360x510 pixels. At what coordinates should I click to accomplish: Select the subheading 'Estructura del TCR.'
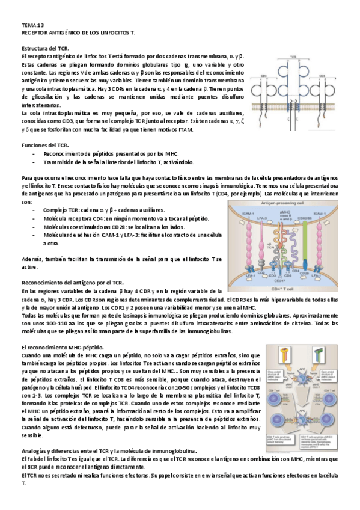click(45, 48)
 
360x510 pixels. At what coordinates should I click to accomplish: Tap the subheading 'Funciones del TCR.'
click(44, 146)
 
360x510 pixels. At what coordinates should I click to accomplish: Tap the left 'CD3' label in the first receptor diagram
click(272, 76)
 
